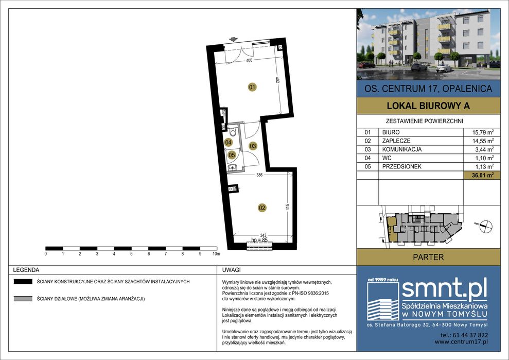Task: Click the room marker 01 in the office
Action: tap(252, 87)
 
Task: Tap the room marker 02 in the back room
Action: tap(262, 208)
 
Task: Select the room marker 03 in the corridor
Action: tap(253, 146)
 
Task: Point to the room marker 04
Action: tap(228, 142)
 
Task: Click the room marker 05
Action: tap(232, 155)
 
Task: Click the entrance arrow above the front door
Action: tap(233, 40)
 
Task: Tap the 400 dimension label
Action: tap(249, 60)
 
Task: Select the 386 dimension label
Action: tap(259, 175)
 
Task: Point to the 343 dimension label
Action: tap(263, 235)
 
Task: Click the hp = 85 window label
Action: tap(259, 240)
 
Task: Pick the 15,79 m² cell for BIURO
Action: tap(483, 132)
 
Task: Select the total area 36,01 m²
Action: tap(483, 175)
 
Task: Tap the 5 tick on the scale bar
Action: tap(131, 254)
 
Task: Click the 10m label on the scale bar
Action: tap(216, 254)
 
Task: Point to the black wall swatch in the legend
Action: tap(23, 282)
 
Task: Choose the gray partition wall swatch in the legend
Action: tap(23, 299)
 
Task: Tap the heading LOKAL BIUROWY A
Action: tap(428, 106)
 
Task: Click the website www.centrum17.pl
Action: tap(461, 341)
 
